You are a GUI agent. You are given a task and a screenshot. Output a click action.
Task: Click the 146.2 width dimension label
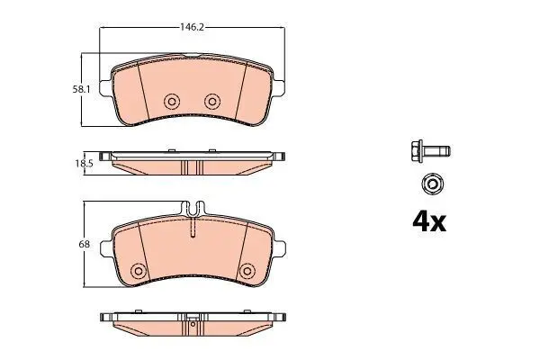coord(193,27)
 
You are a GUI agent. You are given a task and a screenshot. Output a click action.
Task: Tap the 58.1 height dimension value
coord(81,90)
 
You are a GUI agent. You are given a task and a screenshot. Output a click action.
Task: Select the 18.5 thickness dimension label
coord(84,163)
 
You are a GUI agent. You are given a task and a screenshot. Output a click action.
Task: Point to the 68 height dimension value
coord(84,244)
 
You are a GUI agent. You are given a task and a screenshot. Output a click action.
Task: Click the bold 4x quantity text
coord(429,222)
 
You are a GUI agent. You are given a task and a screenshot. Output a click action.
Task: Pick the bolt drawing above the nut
coord(430,151)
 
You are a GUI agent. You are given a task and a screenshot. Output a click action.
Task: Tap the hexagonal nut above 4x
coord(431,184)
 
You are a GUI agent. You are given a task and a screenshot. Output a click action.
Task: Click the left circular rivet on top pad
coord(172,102)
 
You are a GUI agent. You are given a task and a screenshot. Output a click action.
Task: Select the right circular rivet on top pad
coord(212,102)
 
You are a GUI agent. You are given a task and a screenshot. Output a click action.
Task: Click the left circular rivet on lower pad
coord(139,271)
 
